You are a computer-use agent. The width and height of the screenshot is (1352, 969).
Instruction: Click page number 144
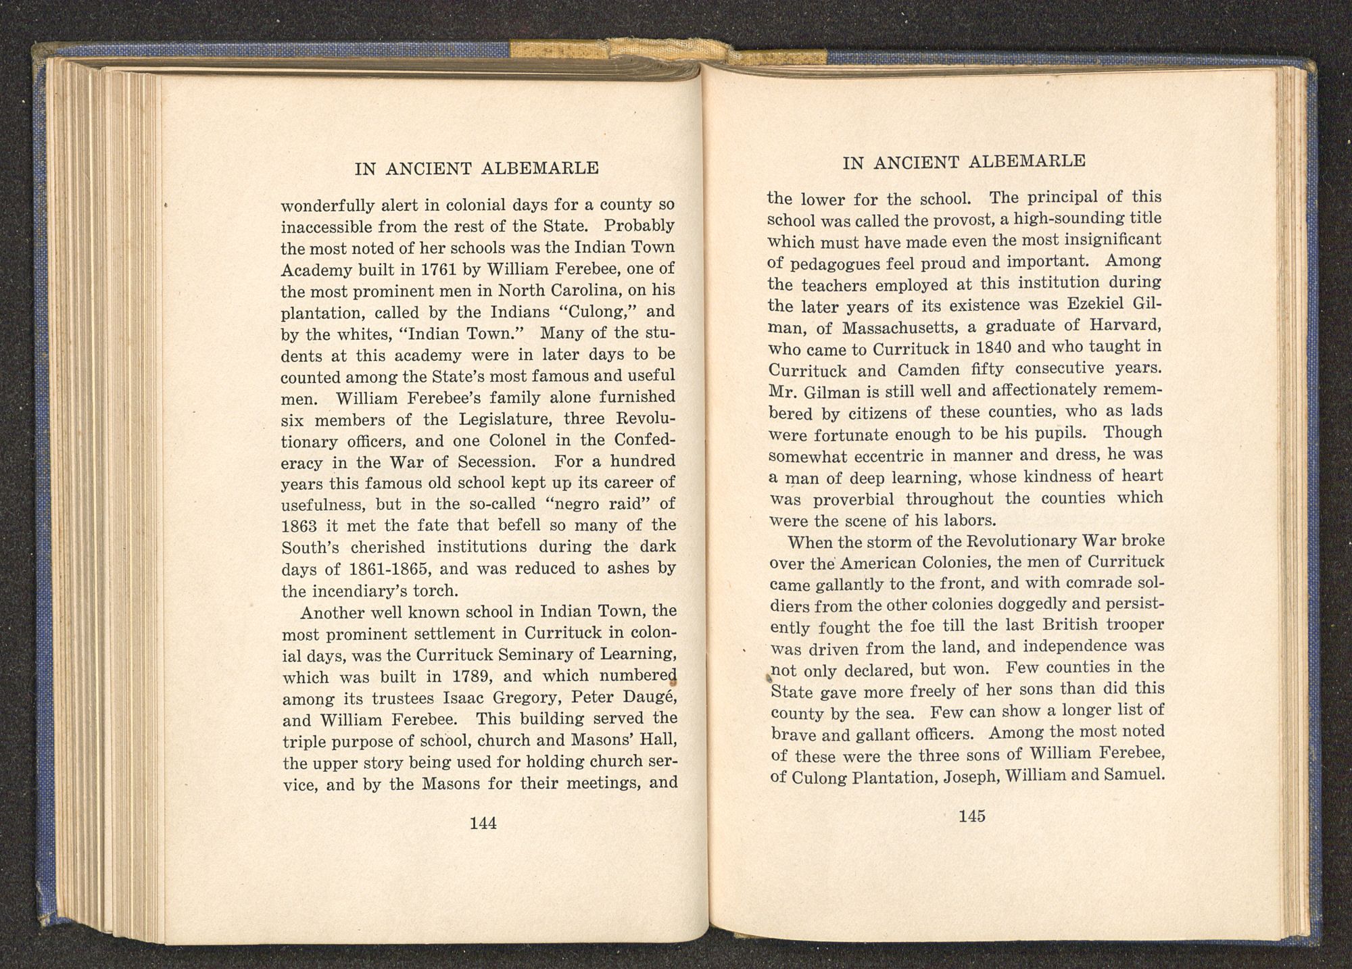coord(483,823)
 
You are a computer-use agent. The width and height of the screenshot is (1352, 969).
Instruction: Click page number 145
coord(971,816)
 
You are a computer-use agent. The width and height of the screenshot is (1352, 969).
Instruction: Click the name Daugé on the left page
coord(641,697)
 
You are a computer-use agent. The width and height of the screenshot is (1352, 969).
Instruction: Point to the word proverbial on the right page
coord(854,499)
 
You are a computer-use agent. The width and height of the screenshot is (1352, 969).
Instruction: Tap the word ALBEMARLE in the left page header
coord(548,169)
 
